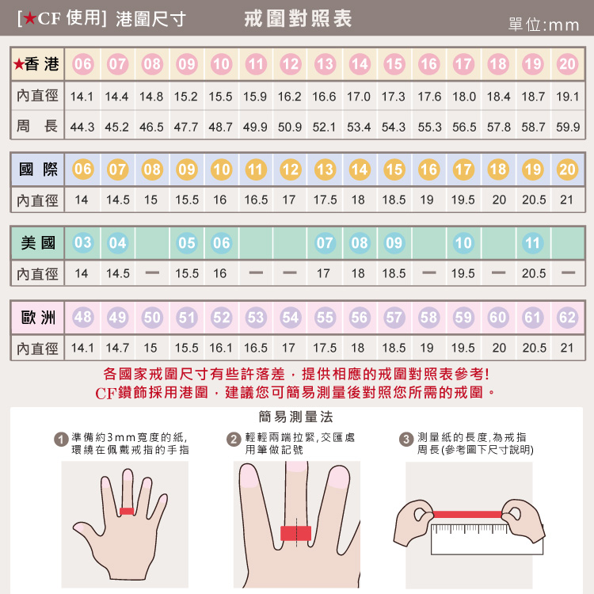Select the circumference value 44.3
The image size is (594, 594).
tap(82, 127)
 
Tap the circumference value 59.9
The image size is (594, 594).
tap(567, 127)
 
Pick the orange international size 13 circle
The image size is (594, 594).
tap(325, 169)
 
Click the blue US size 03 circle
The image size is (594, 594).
tap(82, 243)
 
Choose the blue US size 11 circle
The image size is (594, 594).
tap(533, 243)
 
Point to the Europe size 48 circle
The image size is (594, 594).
tap(82, 318)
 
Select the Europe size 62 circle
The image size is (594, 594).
tap(567, 318)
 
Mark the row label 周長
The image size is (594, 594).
tap(38, 127)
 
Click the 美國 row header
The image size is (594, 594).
tap(38, 243)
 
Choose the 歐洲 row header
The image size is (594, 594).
tap(38, 318)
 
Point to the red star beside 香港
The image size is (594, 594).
tap(18, 64)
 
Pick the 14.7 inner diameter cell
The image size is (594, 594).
tap(117, 348)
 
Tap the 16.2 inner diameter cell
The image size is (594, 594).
tap(290, 97)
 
